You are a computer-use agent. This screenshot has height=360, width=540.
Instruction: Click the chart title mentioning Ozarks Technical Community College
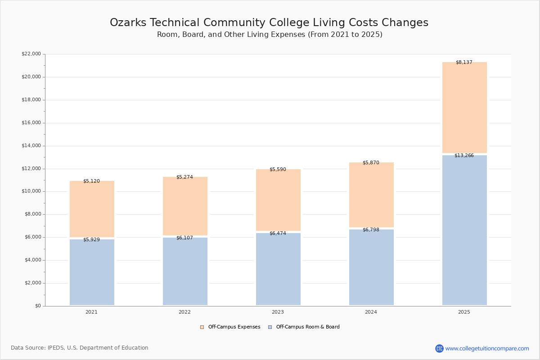(x=269, y=23)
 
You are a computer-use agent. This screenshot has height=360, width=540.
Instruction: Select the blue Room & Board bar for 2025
(x=464, y=230)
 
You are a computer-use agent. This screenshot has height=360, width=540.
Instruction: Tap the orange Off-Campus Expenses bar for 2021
(x=92, y=209)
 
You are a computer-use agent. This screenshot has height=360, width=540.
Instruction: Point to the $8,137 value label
(x=464, y=63)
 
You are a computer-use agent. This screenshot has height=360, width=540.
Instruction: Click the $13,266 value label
(x=464, y=156)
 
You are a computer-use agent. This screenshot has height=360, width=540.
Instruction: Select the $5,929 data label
(x=91, y=240)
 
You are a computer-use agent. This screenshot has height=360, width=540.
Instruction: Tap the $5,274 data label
(x=184, y=177)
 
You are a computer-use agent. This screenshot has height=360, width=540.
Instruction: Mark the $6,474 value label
(x=278, y=234)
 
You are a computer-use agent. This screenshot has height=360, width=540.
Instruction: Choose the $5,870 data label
(x=371, y=163)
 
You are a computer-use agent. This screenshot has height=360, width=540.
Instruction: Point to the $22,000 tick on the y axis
(x=31, y=54)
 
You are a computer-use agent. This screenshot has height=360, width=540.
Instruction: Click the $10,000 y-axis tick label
(x=31, y=191)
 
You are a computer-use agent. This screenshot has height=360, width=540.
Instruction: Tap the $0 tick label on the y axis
(x=37, y=306)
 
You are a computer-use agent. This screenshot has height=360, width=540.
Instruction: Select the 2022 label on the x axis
(x=184, y=312)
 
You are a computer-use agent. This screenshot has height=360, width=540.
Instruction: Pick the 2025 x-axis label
(x=464, y=312)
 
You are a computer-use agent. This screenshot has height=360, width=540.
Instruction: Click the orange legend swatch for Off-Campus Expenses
(x=202, y=327)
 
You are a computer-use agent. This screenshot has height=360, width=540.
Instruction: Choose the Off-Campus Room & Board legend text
(x=308, y=327)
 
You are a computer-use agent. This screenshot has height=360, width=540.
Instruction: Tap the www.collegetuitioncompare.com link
(x=487, y=348)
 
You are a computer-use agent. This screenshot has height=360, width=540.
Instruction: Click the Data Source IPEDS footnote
(x=80, y=348)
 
